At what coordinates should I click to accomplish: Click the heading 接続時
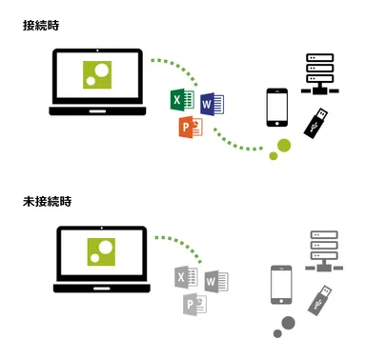coord(40,26)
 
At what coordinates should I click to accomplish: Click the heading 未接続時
coord(47,202)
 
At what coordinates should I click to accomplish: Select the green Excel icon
coord(180,100)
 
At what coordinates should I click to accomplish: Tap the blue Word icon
coord(211,102)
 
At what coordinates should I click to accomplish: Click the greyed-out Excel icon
coord(186,278)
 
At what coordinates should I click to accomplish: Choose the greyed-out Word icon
coord(216,280)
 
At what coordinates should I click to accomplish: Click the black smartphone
coord(277,108)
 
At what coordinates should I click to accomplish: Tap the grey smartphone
coord(282,285)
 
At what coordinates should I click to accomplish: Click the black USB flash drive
coord(317,125)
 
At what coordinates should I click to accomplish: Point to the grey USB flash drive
coord(320,300)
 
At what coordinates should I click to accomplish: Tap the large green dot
coord(283,145)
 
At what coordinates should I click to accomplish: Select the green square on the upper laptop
coord(99,76)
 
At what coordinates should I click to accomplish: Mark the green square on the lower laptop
coord(103,251)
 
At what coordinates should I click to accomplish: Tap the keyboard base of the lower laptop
coord(101,288)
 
